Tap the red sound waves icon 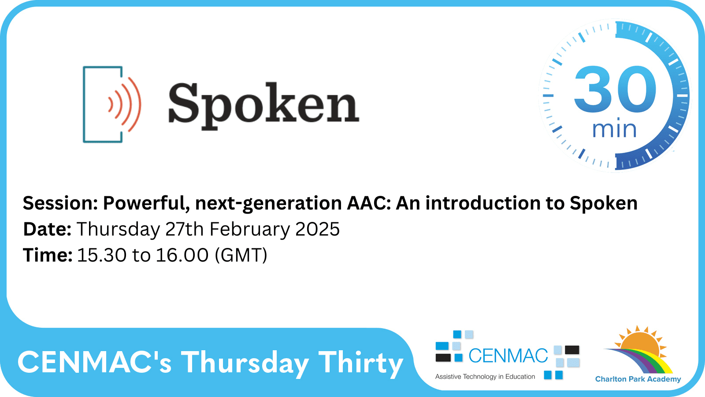[x=125, y=105]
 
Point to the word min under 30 [x=614, y=130]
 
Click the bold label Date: [x=47, y=229]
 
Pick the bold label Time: [x=48, y=255]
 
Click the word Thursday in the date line [x=118, y=229]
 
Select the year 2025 [x=317, y=229]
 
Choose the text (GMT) [x=241, y=255]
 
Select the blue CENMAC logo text [x=508, y=356]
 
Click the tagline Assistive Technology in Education [x=485, y=377]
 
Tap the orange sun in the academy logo [x=641, y=342]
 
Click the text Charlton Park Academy [x=638, y=379]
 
